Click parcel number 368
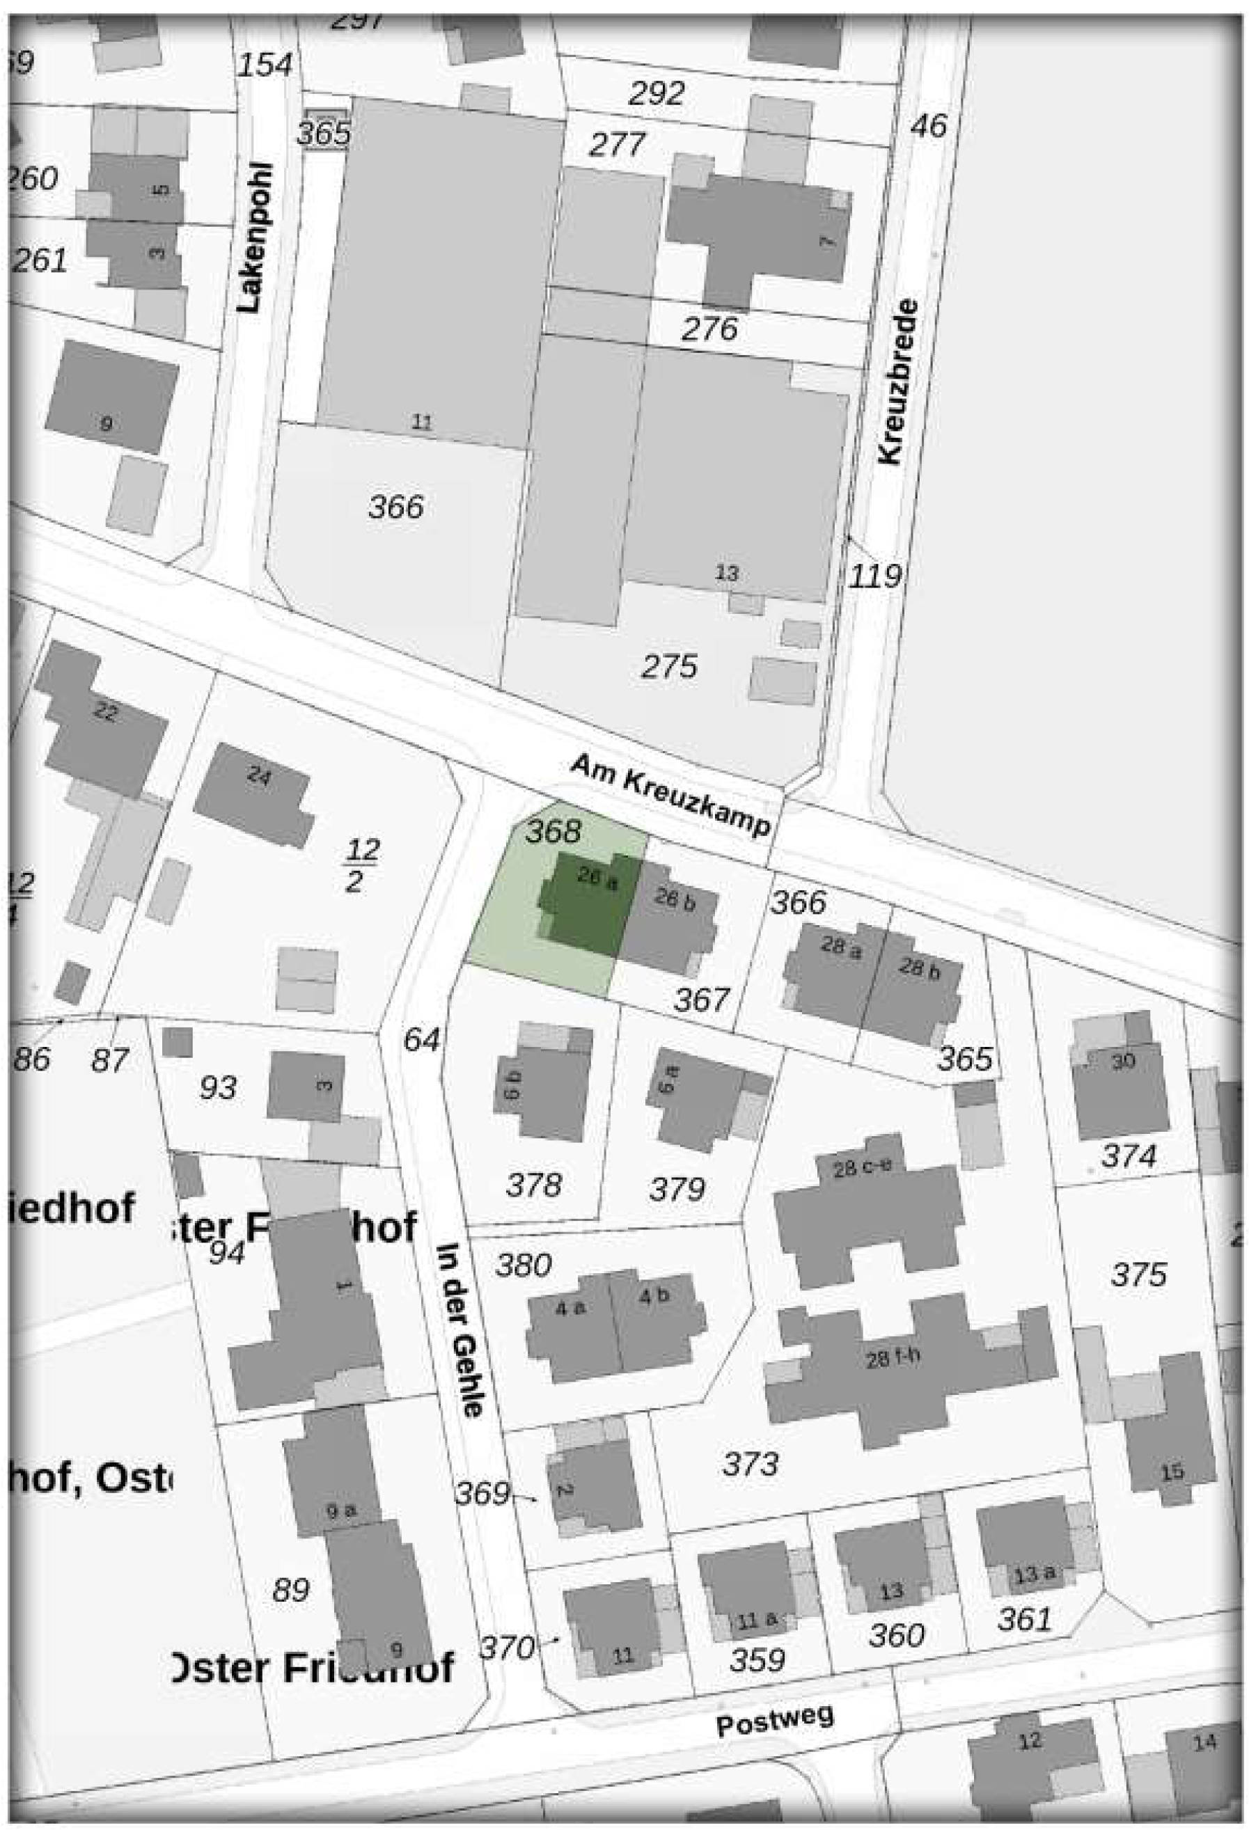point(553,830)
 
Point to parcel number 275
point(669,667)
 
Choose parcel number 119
point(876,576)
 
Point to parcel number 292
point(656,95)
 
